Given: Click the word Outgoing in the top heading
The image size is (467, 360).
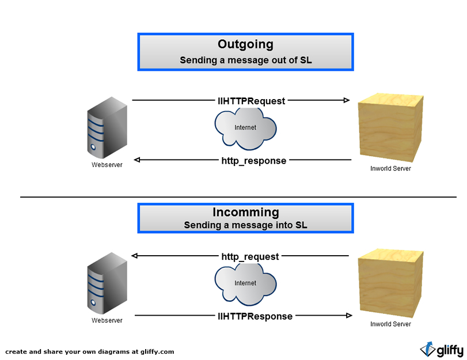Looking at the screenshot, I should point(245,44).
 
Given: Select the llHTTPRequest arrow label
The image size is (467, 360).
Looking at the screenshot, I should point(251,101).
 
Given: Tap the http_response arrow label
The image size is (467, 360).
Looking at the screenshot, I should point(253,161).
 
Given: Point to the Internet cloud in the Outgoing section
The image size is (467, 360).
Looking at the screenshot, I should point(244,128).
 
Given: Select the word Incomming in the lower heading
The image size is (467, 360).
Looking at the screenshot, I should point(245,212).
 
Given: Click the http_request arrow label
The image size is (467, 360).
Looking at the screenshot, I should point(250,256).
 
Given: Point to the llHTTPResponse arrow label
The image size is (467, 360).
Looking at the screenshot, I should point(255,316).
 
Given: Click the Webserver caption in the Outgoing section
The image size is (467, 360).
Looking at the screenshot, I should point(107,165).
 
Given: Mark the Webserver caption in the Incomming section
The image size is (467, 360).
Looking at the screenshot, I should point(107,320).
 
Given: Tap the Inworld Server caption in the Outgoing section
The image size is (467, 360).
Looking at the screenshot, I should point(390,169).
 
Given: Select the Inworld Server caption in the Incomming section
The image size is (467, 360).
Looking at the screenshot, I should point(390,324).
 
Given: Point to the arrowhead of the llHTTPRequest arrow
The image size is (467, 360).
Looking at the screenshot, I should point(347,101).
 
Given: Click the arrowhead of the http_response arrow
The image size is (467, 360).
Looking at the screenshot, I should point(136,160).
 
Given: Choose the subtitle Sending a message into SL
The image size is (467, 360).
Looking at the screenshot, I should point(245,225).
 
